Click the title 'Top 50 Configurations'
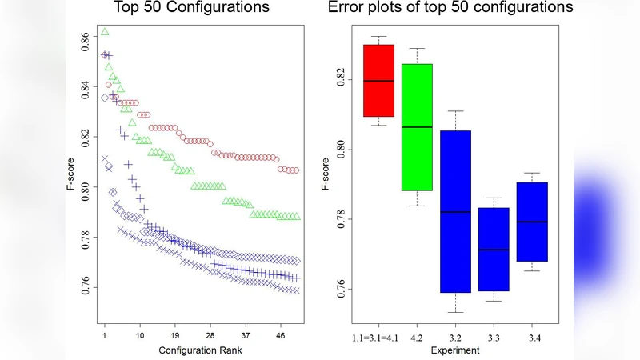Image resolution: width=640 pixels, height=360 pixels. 192,10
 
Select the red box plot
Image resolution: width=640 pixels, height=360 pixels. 378,81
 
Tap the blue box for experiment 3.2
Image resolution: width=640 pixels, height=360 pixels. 454,211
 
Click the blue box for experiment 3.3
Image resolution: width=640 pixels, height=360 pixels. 493,249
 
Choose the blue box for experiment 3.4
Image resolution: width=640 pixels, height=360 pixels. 531,222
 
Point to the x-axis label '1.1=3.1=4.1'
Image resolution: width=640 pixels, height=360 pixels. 378,339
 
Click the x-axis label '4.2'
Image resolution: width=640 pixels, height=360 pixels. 417,339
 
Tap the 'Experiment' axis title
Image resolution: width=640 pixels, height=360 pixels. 454,350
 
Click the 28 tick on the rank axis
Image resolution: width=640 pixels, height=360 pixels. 210,336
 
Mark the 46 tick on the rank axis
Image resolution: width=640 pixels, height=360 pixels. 280,336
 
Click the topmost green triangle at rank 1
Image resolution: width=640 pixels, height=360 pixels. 105,32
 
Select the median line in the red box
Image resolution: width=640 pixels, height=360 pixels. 378,81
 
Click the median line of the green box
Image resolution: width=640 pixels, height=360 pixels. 417,127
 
